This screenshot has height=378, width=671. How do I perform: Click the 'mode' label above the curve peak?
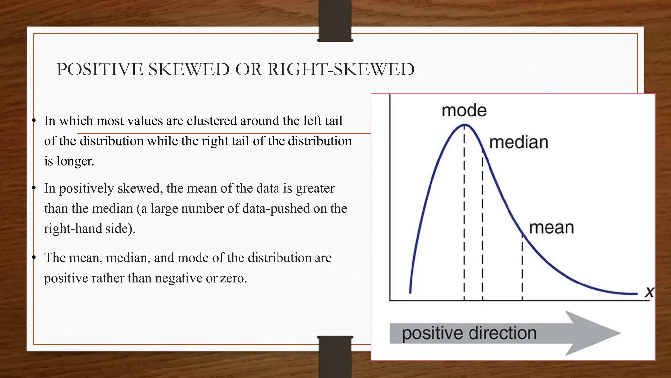(464, 110)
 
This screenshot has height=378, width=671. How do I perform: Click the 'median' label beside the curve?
(519, 142)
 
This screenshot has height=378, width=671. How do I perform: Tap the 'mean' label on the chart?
(551, 228)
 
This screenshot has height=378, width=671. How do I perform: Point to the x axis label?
(649, 292)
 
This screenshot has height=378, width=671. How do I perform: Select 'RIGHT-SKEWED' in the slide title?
(341, 70)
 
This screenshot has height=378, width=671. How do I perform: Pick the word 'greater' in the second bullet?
(315, 188)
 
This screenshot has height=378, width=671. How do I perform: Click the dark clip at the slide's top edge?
(335, 20)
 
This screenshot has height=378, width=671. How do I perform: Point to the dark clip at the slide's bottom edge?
(335, 357)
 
